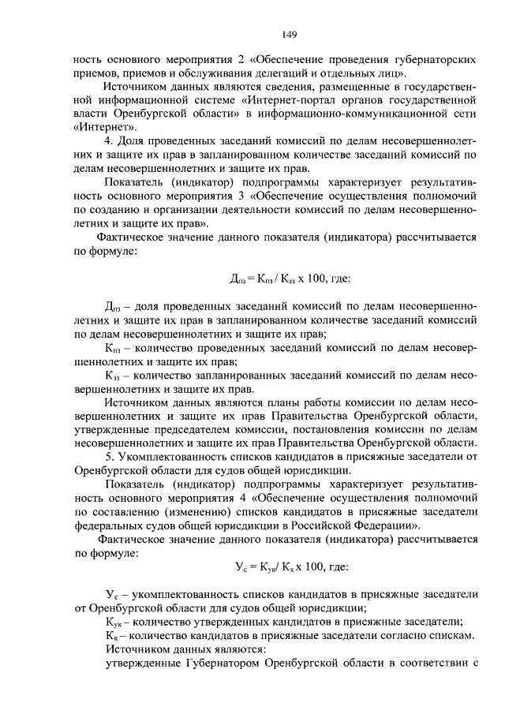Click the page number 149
[x=288, y=35]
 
